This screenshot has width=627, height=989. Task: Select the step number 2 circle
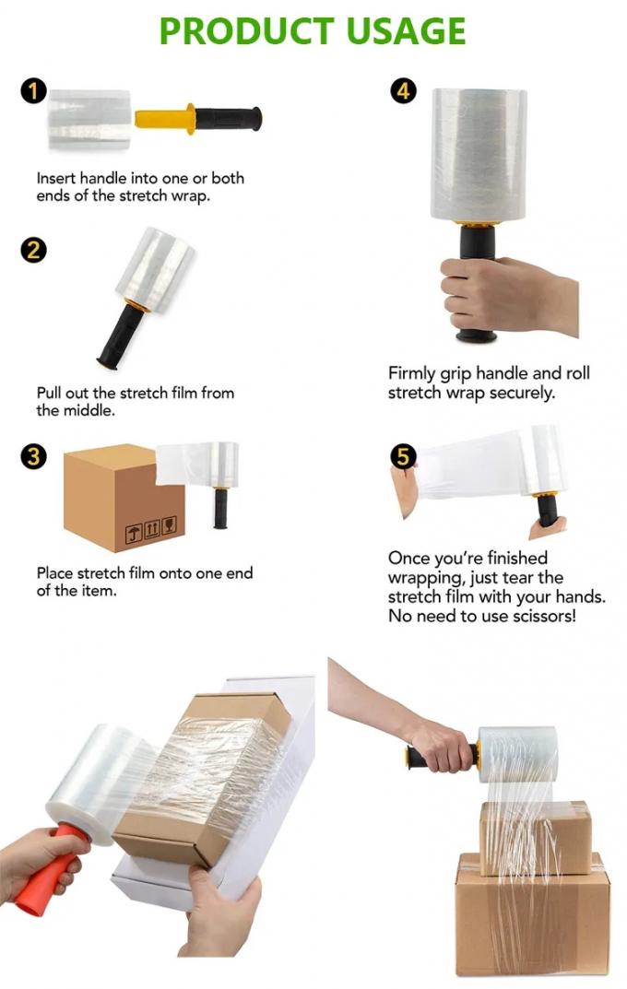pyautogui.click(x=34, y=250)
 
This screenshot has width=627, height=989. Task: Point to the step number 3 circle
pyautogui.click(x=34, y=456)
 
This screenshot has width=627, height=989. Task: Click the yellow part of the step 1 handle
pyautogui.click(x=166, y=119)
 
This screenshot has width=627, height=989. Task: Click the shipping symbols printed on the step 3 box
pyautogui.click(x=150, y=528)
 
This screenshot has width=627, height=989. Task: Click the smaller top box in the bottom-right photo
pyautogui.click(x=536, y=834)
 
